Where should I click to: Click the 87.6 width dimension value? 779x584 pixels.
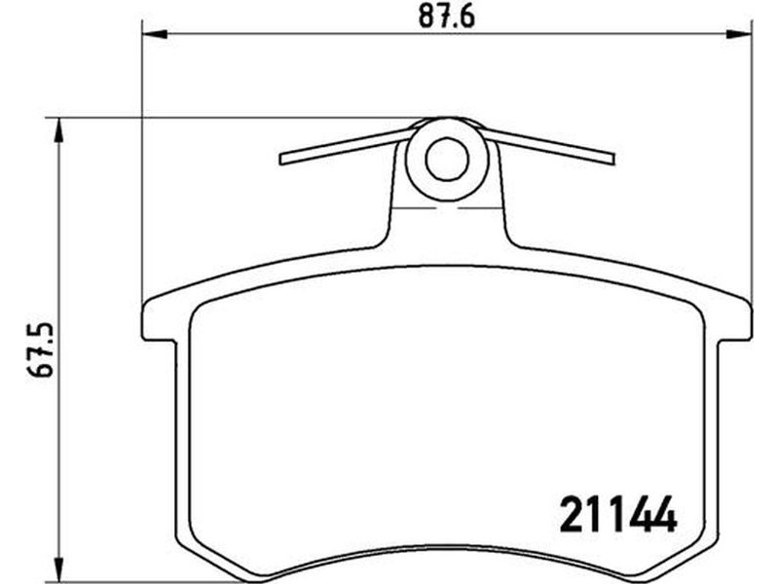point(447,17)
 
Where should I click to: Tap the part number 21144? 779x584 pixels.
point(618,514)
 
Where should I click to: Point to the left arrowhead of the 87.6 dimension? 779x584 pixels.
point(155,34)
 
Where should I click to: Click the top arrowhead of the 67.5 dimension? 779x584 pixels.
point(58,130)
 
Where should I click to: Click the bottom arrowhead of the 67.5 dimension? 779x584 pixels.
point(58,568)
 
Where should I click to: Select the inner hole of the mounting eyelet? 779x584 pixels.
point(447,159)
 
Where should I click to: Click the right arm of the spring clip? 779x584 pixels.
point(548,146)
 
